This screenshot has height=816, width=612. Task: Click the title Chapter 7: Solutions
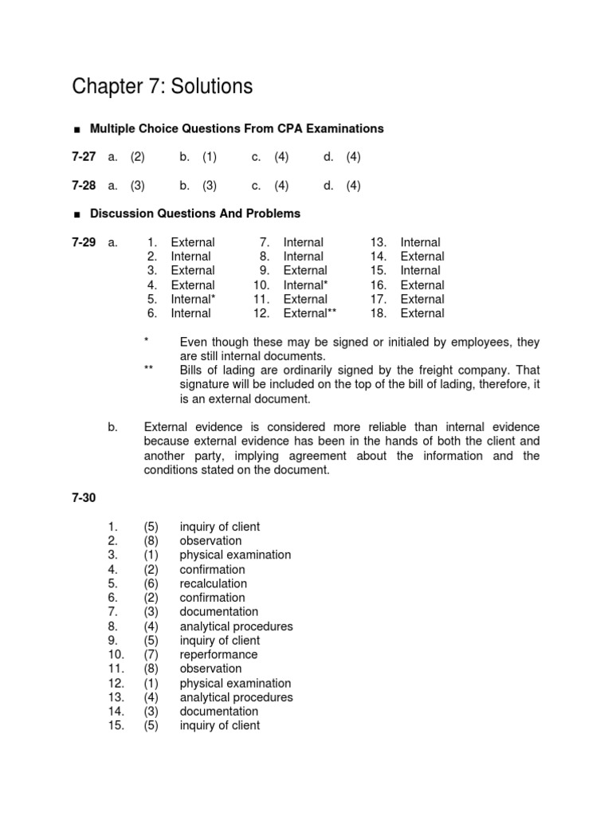coord(162,86)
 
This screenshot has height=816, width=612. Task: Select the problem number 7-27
coord(83,157)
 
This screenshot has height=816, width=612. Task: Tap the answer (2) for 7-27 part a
coord(137,157)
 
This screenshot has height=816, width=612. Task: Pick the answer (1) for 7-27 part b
coord(210,157)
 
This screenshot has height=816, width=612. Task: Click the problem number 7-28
coord(83,186)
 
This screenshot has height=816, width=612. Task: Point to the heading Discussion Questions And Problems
coord(195,214)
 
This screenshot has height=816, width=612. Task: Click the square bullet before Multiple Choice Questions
coord(76,129)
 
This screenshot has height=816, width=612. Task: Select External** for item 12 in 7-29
coord(310,313)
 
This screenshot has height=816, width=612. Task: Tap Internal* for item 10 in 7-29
coord(305,285)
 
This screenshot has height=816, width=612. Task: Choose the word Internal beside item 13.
coord(420,242)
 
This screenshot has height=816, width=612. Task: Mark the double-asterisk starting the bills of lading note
coord(148,371)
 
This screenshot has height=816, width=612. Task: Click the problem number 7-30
coord(83,498)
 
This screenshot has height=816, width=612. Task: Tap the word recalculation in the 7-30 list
coord(213,583)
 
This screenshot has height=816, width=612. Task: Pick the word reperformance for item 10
coord(218,654)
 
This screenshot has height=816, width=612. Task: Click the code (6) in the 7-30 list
coord(151,583)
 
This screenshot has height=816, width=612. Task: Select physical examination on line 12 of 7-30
coord(235,683)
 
